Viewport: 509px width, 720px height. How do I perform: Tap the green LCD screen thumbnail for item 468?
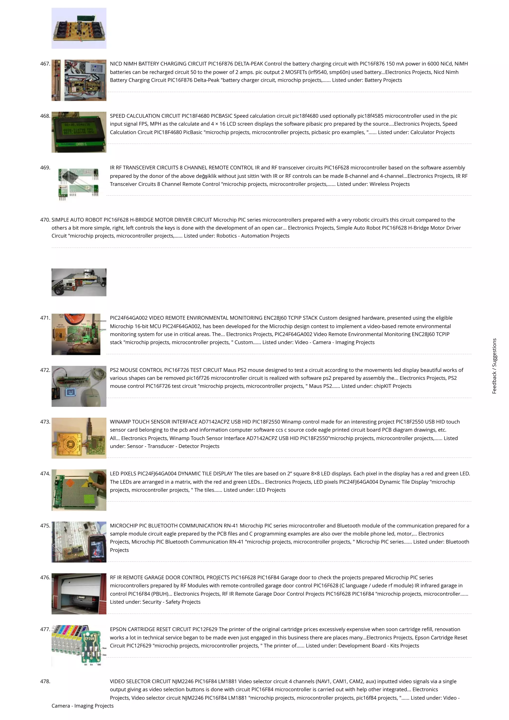79,132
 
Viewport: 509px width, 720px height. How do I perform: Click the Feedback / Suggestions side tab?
494,366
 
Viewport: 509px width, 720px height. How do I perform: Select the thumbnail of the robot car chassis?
79,282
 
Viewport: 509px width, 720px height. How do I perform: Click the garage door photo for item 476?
79,593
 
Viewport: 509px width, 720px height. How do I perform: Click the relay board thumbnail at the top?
79,28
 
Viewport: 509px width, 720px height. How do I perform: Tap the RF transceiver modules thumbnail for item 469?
79,184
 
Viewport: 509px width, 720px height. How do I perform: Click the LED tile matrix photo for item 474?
79,490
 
